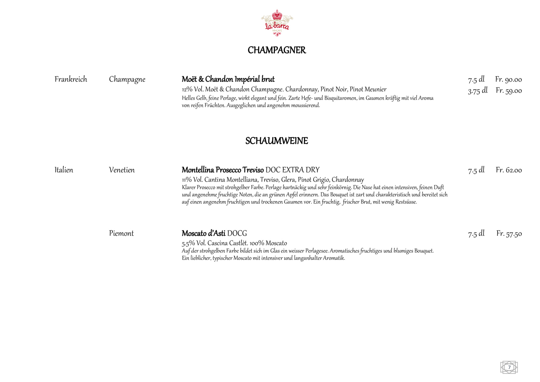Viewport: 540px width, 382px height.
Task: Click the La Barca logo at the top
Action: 277,23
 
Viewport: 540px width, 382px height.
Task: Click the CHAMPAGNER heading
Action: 276,50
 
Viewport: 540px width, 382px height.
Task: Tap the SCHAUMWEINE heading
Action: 276,141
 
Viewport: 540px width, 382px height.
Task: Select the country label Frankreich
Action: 71,79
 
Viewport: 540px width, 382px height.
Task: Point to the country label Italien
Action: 64,170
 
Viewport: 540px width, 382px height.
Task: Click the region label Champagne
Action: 127,79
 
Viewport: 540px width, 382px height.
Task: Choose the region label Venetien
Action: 122,170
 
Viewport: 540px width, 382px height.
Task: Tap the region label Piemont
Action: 121,233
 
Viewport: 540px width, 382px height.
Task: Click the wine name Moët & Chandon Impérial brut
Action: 228,79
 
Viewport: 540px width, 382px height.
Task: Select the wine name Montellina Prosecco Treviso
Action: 223,170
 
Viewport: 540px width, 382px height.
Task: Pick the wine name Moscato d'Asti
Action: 203,233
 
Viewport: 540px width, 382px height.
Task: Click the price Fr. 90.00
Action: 508,79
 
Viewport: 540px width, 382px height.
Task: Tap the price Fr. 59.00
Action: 509,91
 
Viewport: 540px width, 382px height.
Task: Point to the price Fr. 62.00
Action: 509,170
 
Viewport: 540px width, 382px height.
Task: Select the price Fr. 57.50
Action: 509,234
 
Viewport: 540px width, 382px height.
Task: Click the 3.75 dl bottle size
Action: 477,91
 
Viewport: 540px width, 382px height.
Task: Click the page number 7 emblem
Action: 509,367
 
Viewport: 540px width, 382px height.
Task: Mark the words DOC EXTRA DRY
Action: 292,170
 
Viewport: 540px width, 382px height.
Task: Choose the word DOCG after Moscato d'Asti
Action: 237,233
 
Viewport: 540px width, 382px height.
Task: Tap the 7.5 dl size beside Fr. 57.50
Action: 476,234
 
